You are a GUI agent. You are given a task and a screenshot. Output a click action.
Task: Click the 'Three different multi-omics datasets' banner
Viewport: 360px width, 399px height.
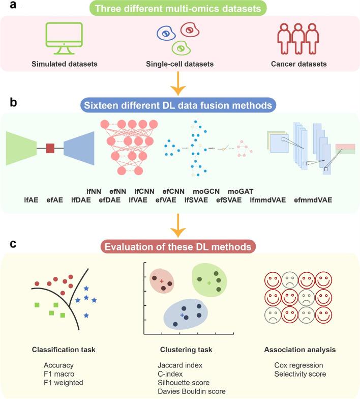tap(181, 10)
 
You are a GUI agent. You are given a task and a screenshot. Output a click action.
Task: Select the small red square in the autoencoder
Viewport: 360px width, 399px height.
tap(50, 148)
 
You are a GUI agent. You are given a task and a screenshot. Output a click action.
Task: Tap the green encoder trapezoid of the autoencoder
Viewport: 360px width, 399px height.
tap(23, 148)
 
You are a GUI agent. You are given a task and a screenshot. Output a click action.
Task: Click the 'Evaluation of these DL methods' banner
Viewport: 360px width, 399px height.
tap(181, 247)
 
